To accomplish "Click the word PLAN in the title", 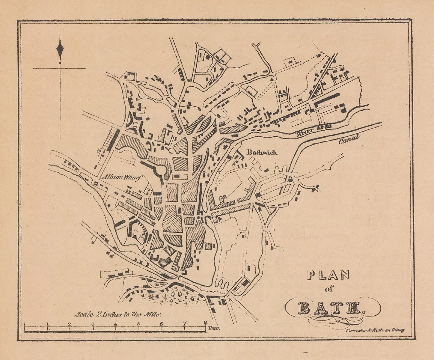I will pos(329,276).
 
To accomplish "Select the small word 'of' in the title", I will pos(329,289).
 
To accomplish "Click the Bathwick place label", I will pos(262,152).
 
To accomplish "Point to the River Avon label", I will pos(314,130).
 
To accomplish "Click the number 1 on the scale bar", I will pos(47,323).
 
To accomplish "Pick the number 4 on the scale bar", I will pos(116,324).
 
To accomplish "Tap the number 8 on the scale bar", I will pos(205,323).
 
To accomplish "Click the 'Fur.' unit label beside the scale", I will pos(215,328).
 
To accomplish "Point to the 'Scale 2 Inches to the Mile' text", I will pos(118,314).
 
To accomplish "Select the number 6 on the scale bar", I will pos(161,324).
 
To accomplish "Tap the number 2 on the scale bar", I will pos(69,324).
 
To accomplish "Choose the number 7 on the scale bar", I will pos(184,324).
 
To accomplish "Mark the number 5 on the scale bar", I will pos(138,324).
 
